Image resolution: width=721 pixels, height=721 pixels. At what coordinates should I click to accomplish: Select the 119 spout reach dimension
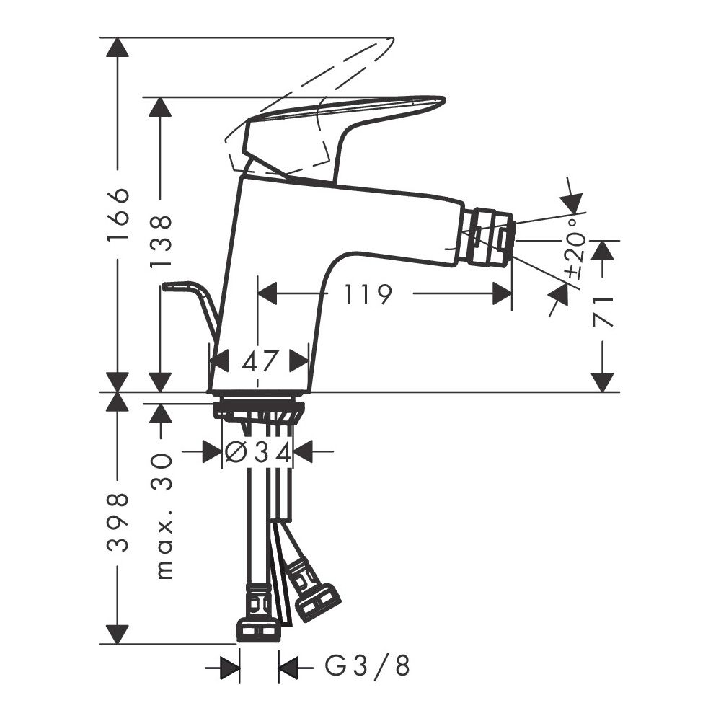[x=368, y=295]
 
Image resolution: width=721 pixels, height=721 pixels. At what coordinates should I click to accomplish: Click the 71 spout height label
[x=602, y=312]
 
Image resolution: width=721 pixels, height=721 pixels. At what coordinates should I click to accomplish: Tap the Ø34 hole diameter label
[x=258, y=453]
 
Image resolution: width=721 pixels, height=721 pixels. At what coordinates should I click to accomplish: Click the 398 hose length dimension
[x=118, y=523]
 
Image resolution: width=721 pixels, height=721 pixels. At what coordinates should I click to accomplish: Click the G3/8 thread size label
[x=367, y=665]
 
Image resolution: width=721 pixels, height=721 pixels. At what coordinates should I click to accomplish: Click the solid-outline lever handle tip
[x=443, y=99]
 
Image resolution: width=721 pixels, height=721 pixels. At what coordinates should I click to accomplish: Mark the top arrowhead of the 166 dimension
[x=118, y=47]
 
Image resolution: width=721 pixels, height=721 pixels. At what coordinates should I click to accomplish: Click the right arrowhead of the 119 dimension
[x=502, y=294]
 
